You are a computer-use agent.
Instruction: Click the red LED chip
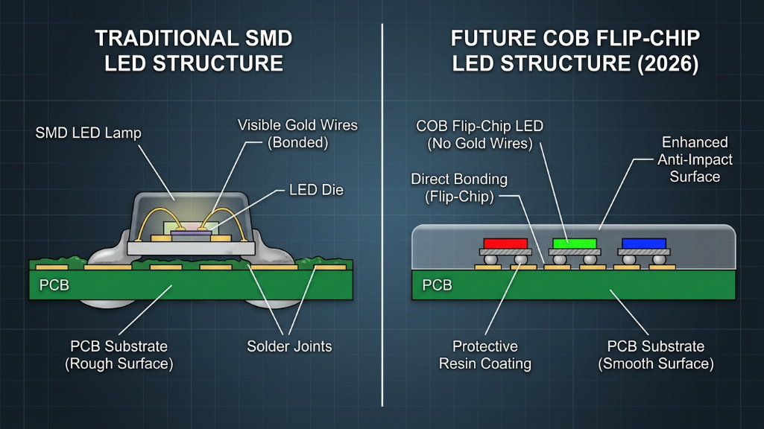click(x=505, y=243)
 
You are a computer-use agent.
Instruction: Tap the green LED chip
click(x=575, y=243)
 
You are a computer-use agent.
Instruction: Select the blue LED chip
click(x=644, y=243)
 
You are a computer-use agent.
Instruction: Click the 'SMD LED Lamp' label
click(x=88, y=133)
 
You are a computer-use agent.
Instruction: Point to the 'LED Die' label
click(x=316, y=190)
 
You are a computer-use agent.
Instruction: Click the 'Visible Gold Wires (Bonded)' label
click(x=297, y=133)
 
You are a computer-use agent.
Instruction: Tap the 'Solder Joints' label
click(x=289, y=346)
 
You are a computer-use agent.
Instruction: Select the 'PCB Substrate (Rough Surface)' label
click(x=119, y=355)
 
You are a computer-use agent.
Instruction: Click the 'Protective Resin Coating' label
click(x=485, y=355)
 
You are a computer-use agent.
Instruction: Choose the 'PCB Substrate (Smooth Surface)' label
click(x=656, y=355)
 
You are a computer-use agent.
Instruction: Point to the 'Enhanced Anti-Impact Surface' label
click(x=695, y=159)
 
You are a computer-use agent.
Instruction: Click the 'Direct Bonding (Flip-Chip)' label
click(x=459, y=188)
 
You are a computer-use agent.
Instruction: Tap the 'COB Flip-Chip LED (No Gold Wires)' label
click(x=479, y=135)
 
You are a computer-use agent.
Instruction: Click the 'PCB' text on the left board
click(x=54, y=285)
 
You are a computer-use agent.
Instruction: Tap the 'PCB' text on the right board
click(x=438, y=285)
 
